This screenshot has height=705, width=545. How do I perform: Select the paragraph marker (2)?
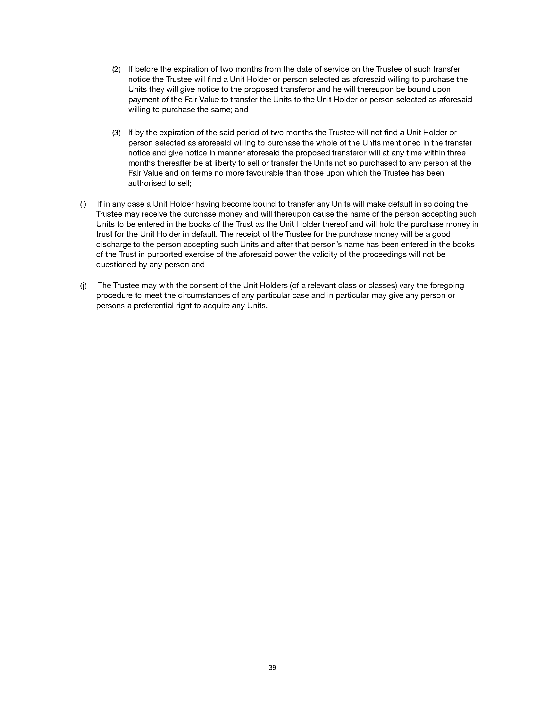coord(116,69)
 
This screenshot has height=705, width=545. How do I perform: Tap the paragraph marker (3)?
coord(116,132)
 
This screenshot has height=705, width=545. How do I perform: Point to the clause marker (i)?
coord(83,204)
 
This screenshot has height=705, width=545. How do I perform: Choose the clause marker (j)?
coord(83,285)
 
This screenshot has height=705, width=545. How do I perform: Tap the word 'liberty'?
coord(224,163)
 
